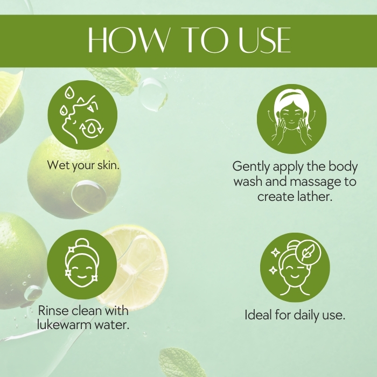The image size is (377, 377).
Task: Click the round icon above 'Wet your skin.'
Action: tap(82, 115)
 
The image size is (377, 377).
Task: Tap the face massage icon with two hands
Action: tap(292, 119)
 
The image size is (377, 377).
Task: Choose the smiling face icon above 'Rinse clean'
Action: tap(82, 264)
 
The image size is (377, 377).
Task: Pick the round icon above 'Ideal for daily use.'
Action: tap(295, 267)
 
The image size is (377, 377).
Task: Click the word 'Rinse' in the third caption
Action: tap(53, 310)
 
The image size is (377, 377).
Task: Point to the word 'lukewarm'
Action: tap(64, 325)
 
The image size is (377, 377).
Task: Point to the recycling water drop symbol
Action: tap(92, 128)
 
